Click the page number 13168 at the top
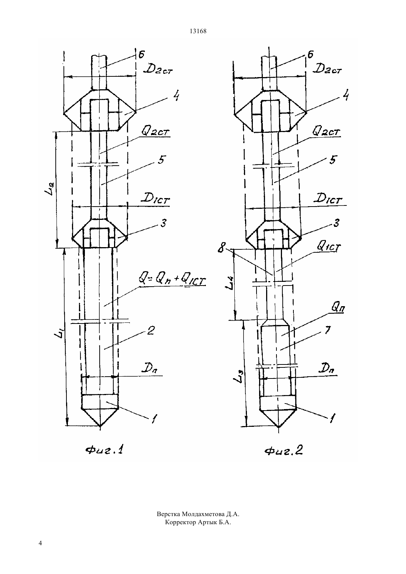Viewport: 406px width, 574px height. pos(198,31)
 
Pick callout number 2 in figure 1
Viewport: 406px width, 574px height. pos(150,331)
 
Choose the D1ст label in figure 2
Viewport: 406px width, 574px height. pos(329,198)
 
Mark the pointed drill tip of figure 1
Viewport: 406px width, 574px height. pos(100,427)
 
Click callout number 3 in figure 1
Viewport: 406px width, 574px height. pos(163,223)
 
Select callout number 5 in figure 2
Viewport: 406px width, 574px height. pos(333,160)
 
